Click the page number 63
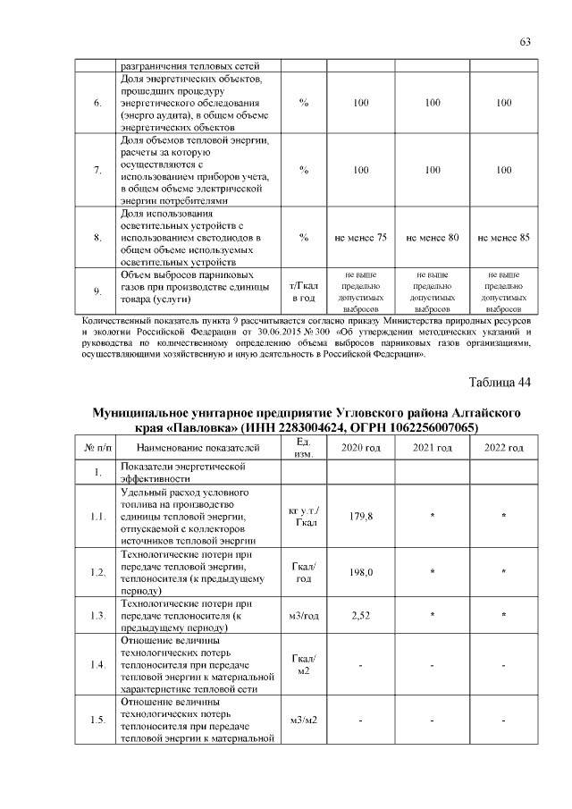click(x=526, y=42)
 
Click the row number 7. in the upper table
click(x=97, y=170)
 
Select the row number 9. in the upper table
click(x=97, y=291)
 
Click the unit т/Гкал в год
click(x=305, y=291)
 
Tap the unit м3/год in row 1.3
click(x=305, y=615)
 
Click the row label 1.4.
click(x=97, y=665)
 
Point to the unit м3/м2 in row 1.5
click(x=305, y=721)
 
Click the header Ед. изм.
click(x=303, y=447)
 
